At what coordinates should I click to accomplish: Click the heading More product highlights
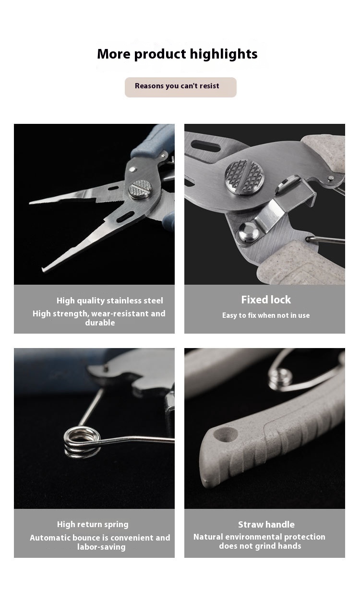177,54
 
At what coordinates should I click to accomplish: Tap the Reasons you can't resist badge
180,87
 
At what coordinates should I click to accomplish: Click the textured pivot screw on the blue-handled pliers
140,190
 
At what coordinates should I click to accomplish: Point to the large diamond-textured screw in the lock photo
244,177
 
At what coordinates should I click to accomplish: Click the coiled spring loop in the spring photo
82,442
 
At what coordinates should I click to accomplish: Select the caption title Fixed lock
266,300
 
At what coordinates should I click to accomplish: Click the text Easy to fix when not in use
266,315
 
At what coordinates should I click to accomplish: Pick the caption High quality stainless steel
109,301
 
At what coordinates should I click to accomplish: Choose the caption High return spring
93,524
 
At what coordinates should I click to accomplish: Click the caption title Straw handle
266,524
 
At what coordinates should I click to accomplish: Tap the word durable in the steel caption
100,323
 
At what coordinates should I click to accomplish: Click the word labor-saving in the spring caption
101,547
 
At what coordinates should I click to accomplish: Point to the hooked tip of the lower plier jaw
43,269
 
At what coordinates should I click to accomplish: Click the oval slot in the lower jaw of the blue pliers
125,217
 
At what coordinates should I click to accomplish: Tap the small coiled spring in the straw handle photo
280,379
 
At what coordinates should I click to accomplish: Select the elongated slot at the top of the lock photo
206,146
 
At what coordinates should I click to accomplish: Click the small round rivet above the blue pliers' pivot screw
132,169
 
